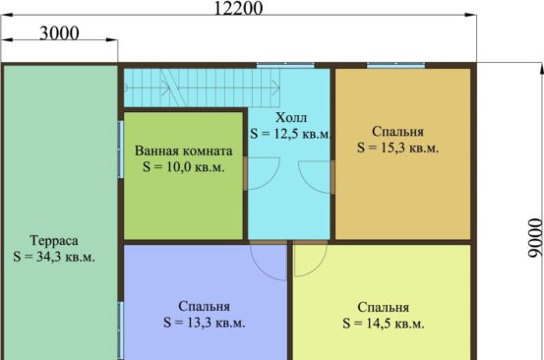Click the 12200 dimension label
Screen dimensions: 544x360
[x=238, y=8]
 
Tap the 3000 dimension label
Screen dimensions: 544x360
[x=59, y=33]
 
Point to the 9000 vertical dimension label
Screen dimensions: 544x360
[x=535, y=238]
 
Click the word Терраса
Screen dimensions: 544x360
[x=54, y=240]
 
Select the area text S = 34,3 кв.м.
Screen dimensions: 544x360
[x=54, y=257]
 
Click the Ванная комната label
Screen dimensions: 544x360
[x=184, y=150]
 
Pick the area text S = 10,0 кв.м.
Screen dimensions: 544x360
[x=184, y=167]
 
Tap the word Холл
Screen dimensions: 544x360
[x=291, y=118]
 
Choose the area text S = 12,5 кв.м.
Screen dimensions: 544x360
[x=291, y=134]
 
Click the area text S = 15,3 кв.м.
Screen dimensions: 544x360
[x=398, y=148]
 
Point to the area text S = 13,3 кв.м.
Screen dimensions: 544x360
[x=205, y=323]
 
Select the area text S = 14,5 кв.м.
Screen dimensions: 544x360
[x=384, y=324]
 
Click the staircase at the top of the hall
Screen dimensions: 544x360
[x=202, y=88]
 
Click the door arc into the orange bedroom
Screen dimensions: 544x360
[x=306, y=183]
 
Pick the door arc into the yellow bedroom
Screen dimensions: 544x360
[x=318, y=267]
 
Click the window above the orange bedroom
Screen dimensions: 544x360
[x=395, y=65]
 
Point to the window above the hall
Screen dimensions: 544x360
[x=285, y=65]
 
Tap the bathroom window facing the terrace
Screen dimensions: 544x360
[x=121, y=150]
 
